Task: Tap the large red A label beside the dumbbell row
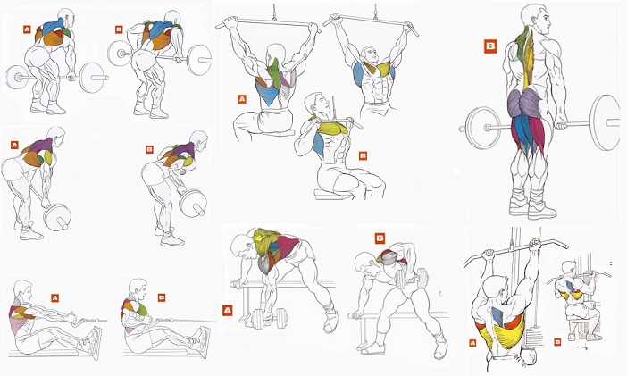coord(228,311)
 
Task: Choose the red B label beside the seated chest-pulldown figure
coord(363,155)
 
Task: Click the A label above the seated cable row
coord(54,296)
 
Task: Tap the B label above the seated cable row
coord(162,297)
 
